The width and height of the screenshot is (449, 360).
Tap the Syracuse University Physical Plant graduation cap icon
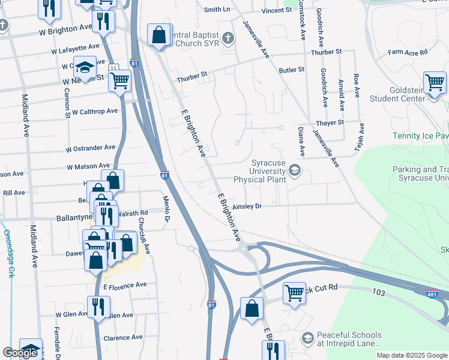(x=294, y=172)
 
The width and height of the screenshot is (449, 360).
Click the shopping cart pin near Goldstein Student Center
(x=435, y=83)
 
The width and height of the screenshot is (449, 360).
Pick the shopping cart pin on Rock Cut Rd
(x=294, y=293)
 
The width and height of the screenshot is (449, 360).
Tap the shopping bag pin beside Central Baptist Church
(x=159, y=35)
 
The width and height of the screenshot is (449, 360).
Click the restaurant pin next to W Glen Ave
(x=95, y=307)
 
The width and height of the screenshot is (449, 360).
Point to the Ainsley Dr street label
(x=247, y=206)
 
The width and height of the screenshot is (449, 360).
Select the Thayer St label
(x=330, y=122)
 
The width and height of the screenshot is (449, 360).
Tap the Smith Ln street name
(x=217, y=10)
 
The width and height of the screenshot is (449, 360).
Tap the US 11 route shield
(x=112, y=68)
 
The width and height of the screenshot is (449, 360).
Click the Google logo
(x=20, y=353)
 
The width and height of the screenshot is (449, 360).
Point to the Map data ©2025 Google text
(x=411, y=355)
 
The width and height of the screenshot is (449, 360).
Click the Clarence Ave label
(x=122, y=338)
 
